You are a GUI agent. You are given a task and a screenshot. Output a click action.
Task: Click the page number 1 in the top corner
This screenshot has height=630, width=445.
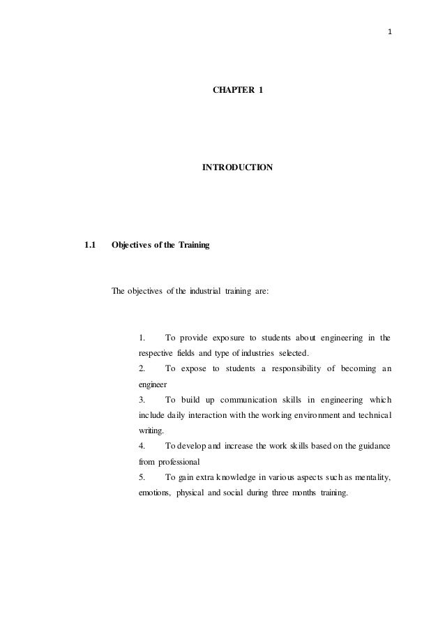coord(389,32)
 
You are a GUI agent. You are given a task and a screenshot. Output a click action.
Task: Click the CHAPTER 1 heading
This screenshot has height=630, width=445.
coord(238,91)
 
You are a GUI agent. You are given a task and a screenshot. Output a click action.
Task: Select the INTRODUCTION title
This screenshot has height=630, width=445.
coord(237,168)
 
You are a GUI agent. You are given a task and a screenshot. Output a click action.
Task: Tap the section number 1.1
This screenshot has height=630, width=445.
coord(89,245)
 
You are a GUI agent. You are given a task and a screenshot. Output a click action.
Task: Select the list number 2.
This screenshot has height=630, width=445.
coord(142,368)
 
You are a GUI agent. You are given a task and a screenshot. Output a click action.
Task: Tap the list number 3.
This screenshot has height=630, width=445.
coord(142,400)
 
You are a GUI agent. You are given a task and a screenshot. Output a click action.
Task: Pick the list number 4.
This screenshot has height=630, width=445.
coord(142,445)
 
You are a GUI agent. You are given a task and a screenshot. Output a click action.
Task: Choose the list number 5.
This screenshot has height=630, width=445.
coord(142,477)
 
